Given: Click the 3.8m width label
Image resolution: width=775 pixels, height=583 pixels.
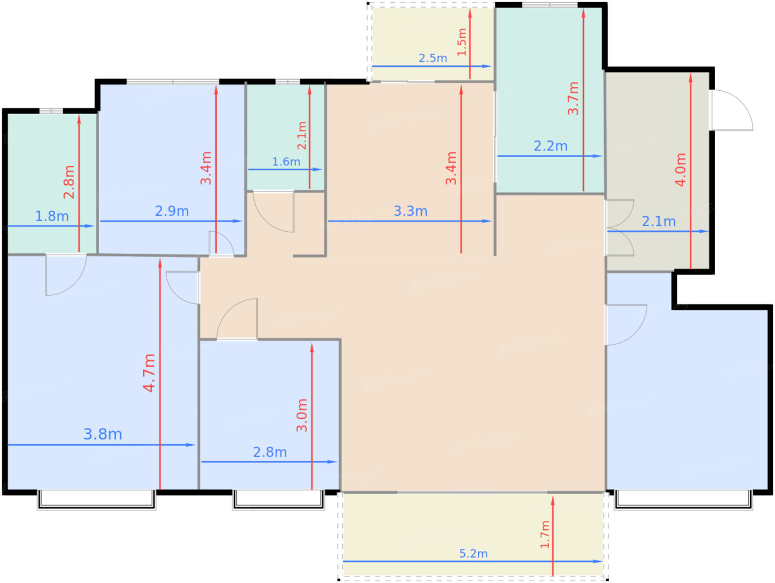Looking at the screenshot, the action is click(102, 434).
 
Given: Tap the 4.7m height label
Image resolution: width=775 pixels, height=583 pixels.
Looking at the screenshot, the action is click(149, 373).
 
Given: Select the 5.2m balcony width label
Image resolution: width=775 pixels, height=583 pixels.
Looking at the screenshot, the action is click(473, 553).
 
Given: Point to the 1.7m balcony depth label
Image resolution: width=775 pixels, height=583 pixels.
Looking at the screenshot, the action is click(545, 534).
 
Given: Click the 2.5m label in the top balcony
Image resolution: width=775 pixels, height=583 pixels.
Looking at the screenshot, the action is click(432, 58).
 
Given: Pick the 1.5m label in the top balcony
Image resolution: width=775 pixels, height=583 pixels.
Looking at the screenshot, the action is click(462, 42).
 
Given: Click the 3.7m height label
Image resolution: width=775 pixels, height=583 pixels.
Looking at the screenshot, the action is click(573, 98).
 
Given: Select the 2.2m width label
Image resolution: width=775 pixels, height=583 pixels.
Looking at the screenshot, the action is click(550, 145).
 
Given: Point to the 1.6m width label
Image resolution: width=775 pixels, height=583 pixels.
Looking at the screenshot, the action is click(286, 162).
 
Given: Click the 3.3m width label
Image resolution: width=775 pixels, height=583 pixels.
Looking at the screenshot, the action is click(410, 211).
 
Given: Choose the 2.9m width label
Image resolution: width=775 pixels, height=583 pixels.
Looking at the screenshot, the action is click(172, 211).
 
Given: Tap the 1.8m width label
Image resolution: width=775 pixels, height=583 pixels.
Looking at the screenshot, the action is click(52, 216).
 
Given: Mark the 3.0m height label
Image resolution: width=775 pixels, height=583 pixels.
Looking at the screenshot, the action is click(301, 415).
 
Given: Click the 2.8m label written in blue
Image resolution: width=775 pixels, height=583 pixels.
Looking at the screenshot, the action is click(270, 452).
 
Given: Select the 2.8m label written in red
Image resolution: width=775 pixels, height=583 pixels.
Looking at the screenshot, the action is click(69, 182).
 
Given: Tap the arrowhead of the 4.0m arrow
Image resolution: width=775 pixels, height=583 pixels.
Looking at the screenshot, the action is click(690, 77).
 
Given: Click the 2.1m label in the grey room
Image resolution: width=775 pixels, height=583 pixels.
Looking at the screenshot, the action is click(659, 221).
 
